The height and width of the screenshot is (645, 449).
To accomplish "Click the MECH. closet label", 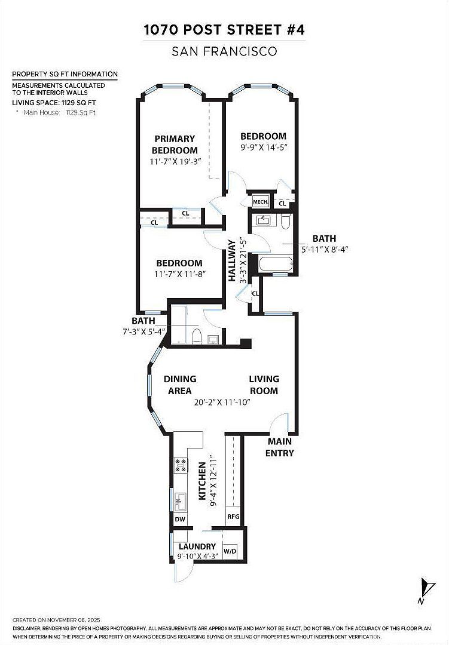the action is pos(260,202).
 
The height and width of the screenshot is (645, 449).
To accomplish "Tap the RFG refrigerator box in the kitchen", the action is pos(233,517).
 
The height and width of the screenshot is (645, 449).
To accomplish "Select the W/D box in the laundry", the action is pos(230,551).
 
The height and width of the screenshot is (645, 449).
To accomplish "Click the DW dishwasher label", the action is pos(180,519).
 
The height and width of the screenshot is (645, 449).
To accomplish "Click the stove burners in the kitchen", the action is pos(181,465).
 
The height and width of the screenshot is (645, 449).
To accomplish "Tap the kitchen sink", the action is pos(180,502).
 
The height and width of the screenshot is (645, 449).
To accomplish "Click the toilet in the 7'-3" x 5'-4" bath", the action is pos(197,336).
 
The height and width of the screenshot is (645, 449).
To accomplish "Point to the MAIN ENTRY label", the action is pos(280,447).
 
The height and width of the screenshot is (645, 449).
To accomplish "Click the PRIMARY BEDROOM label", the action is pos(175,145).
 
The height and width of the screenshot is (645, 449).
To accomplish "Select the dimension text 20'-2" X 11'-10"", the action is pos(222,403).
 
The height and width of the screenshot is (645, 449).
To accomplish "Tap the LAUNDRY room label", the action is pos(197,546).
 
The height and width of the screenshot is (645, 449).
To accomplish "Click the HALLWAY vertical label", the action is pos(232,261).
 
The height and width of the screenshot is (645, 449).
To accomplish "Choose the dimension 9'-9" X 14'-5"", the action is pos(264,148).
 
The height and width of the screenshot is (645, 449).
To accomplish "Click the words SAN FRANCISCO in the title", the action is pos(224,51).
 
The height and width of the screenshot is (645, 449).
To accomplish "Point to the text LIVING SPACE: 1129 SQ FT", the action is pos(54,103).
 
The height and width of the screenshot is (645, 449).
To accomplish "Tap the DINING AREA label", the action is pos(180,385).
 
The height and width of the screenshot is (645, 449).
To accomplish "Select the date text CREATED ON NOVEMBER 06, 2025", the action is pos(56,620).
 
